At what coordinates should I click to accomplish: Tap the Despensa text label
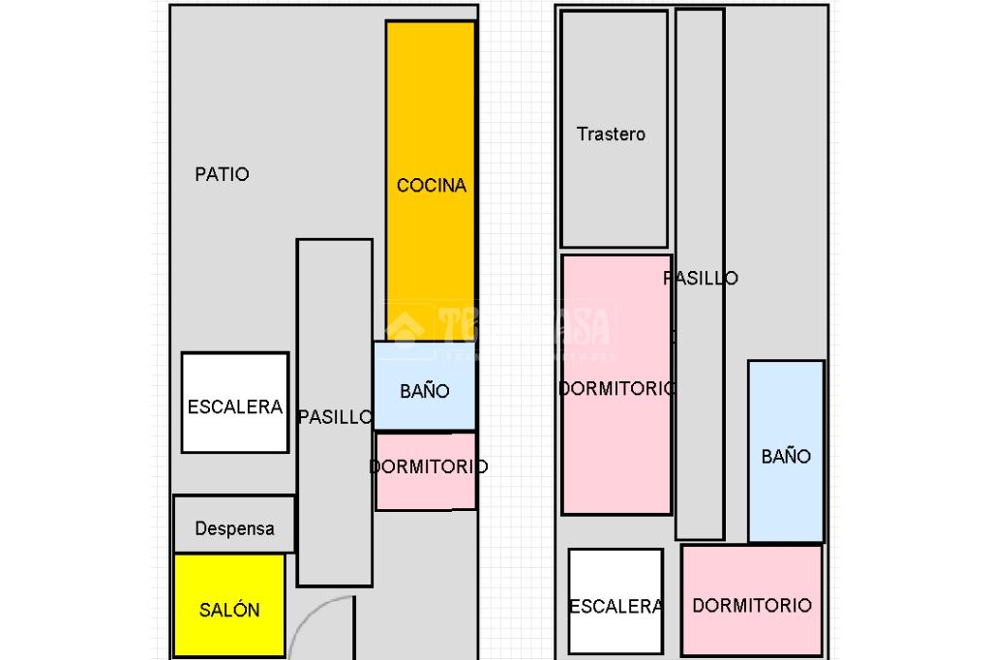(234, 529)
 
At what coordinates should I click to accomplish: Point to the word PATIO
(222, 174)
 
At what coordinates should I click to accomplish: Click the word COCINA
(432, 185)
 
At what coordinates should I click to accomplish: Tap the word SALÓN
(229, 611)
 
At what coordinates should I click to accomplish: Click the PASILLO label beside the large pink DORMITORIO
(702, 279)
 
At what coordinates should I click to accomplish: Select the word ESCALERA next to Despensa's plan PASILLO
(235, 407)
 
